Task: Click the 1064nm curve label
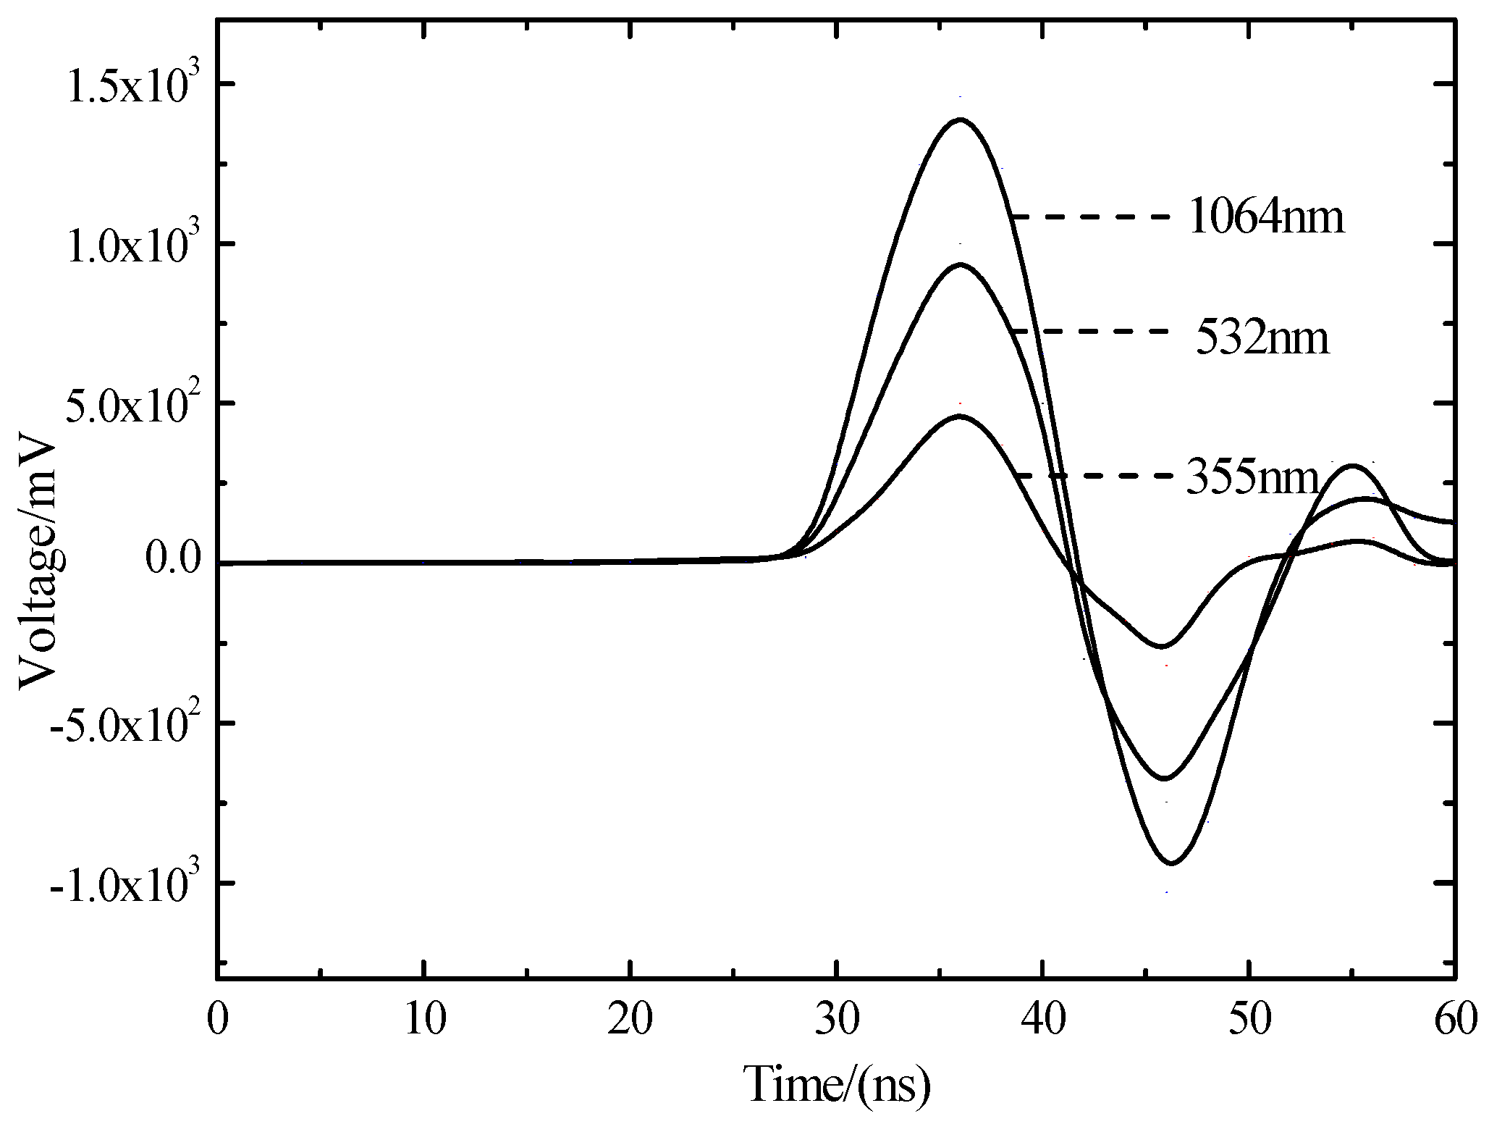pos(1267,217)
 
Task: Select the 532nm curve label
pos(1262,338)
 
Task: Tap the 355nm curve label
pos(1253,479)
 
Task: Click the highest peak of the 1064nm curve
pos(960,119)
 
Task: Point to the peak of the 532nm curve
pos(960,265)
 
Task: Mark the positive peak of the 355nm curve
pos(959,416)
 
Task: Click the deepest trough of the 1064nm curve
pos(1172,863)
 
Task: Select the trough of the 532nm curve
pos(1165,779)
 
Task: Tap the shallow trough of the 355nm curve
pos(1161,645)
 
